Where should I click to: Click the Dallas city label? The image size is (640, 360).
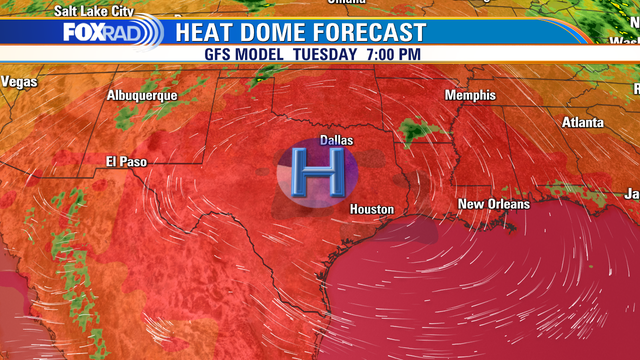[x=336, y=141]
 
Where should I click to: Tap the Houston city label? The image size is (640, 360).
[x=371, y=210]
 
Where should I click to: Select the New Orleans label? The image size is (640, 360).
[x=493, y=204]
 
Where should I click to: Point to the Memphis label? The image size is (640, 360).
[x=470, y=95]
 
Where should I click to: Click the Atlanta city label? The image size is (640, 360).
[x=582, y=122]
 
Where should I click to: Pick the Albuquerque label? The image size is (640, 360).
[x=142, y=95]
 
